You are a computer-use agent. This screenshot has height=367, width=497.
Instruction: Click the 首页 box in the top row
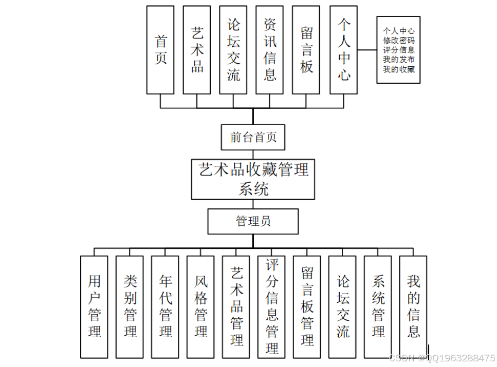(x=160, y=50)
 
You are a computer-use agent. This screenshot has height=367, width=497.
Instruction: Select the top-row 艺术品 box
(x=197, y=50)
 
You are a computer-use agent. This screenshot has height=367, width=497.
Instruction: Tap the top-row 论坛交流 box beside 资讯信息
(x=233, y=50)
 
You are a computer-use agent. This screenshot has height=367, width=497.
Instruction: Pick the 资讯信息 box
(x=270, y=50)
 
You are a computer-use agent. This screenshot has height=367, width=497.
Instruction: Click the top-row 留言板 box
(x=306, y=50)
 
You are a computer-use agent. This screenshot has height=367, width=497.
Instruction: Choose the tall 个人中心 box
(x=343, y=50)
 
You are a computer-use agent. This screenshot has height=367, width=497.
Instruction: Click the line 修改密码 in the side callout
(x=398, y=40)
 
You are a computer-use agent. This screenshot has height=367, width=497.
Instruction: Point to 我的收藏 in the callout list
(x=398, y=69)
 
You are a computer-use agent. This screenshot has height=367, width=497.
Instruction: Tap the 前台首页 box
(x=253, y=137)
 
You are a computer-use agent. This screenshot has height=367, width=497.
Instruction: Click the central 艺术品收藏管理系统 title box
(x=253, y=179)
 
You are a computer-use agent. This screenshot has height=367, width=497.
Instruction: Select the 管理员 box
(x=253, y=221)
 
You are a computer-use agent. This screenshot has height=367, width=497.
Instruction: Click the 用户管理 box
(x=95, y=306)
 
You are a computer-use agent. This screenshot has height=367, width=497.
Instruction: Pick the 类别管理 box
(x=130, y=306)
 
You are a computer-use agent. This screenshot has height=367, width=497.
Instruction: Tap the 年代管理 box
(x=165, y=306)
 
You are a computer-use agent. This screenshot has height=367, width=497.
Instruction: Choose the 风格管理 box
(x=201, y=306)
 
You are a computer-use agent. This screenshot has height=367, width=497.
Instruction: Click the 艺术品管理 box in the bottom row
(x=236, y=306)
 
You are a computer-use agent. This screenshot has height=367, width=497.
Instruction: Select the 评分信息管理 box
(x=272, y=306)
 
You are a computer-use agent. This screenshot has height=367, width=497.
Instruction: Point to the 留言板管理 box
(x=307, y=306)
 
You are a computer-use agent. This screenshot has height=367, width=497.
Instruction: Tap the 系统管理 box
(x=378, y=306)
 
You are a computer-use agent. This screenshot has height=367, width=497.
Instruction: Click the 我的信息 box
(x=414, y=306)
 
